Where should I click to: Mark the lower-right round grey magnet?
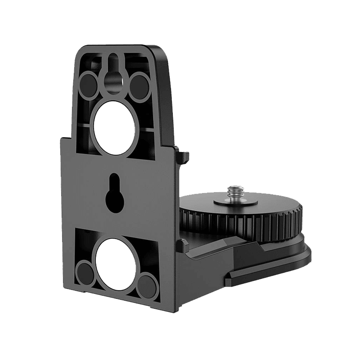coord(145,285)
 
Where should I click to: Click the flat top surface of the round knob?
coord(261,202)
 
